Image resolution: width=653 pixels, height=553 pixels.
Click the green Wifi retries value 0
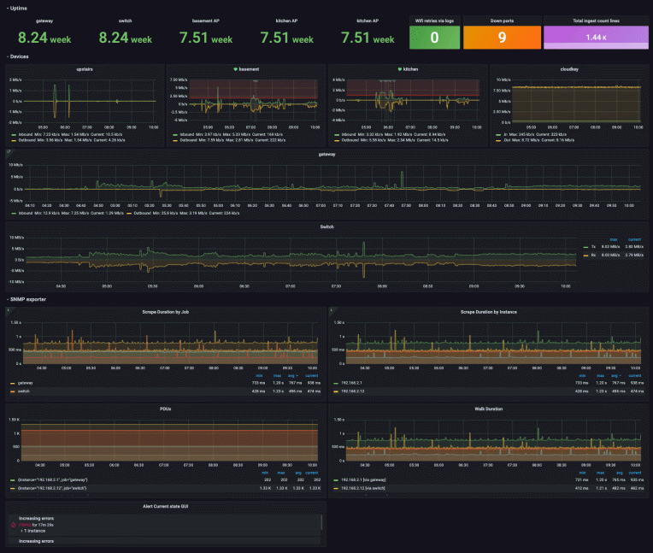(x=434, y=37)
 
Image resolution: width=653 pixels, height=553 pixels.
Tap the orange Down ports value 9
(x=502, y=37)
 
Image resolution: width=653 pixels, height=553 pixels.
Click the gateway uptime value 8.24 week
(x=44, y=38)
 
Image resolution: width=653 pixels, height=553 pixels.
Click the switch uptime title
(x=125, y=19)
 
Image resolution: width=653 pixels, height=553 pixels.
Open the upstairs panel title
(x=84, y=68)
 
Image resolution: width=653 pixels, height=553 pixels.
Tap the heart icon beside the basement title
(x=236, y=68)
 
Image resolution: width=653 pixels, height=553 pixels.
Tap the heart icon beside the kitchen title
(x=399, y=68)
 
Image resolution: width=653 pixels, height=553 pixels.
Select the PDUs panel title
(x=166, y=409)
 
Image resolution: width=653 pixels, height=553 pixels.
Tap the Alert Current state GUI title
(x=166, y=507)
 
